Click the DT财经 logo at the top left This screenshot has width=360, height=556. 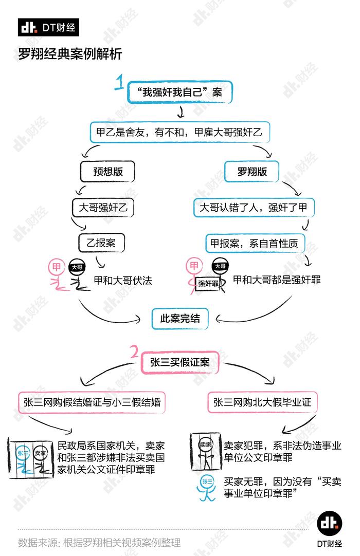point(48,27)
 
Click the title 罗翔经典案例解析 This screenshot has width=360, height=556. point(70,54)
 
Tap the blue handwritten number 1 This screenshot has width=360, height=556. point(119,82)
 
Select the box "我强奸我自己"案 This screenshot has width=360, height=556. point(179,92)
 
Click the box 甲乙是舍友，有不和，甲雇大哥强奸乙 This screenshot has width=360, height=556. point(179,132)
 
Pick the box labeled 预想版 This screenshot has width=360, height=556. point(107,172)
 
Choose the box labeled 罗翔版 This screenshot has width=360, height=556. point(251,172)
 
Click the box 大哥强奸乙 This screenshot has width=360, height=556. point(103,208)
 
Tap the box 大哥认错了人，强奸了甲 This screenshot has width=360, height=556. point(254,208)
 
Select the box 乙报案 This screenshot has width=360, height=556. point(101,243)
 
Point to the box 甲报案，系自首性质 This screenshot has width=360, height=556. point(255,243)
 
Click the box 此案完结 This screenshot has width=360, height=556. point(180,319)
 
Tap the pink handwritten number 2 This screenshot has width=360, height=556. point(134,352)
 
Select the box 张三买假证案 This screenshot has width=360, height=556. point(180,362)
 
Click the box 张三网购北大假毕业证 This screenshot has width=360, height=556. point(262,402)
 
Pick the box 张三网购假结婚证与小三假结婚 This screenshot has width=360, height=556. point(92,402)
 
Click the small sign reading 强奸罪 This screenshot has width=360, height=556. point(208,283)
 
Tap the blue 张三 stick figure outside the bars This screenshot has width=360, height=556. point(207,488)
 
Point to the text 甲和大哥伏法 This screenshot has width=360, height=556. point(123,281)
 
